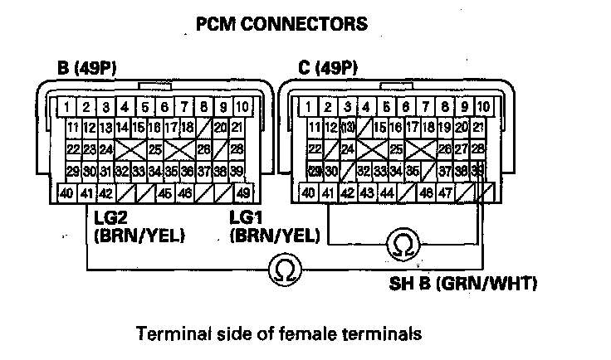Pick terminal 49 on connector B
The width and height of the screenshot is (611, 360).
pos(242,192)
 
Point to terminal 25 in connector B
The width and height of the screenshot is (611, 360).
pos(154,149)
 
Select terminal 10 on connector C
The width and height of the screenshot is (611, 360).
pos(484,107)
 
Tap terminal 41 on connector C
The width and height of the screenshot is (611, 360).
pos(329,192)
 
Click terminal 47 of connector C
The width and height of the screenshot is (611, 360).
pos(445,192)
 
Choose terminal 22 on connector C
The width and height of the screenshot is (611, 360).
pos(315,149)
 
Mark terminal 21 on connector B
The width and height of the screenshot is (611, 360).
pos(237,128)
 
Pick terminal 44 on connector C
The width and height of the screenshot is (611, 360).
pos(386,192)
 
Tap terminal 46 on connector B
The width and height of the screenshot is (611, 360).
pos(183,192)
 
